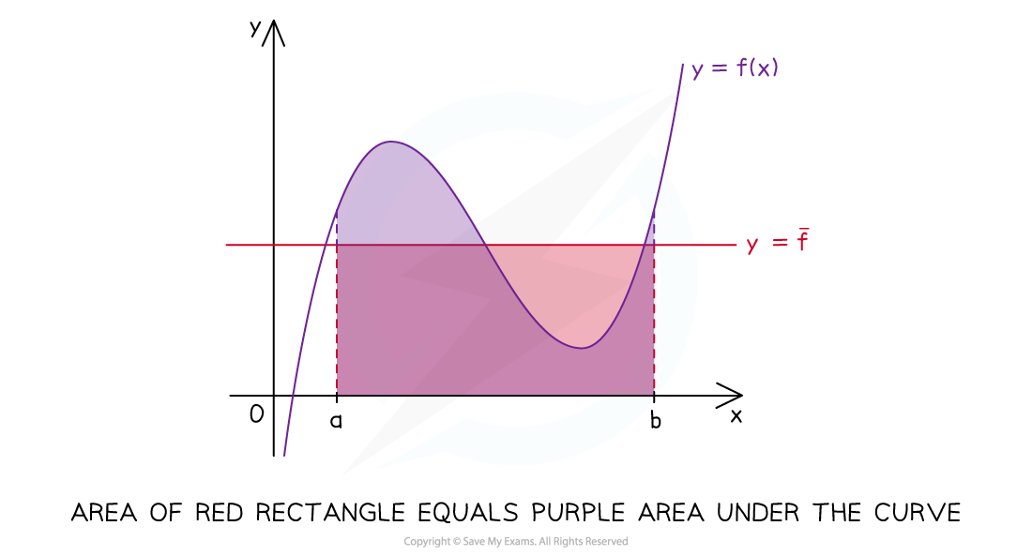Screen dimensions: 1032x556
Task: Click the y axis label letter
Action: (x=255, y=28)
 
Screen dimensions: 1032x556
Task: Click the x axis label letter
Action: (x=736, y=416)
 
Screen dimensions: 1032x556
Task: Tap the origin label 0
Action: (x=257, y=413)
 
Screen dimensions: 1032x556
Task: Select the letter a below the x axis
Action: (x=336, y=420)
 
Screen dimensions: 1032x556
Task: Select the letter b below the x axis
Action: (x=655, y=420)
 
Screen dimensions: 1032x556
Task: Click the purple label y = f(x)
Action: (x=736, y=68)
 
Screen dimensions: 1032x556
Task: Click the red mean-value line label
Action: (x=778, y=242)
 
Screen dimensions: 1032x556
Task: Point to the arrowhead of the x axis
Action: (x=741, y=396)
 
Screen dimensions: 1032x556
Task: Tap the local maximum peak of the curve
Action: (x=391, y=142)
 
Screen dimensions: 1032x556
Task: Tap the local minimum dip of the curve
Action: (x=582, y=348)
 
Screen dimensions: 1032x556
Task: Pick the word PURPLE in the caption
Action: (x=579, y=513)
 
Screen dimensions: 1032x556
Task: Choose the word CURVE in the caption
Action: (x=918, y=513)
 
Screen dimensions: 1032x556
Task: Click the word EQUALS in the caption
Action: (x=468, y=513)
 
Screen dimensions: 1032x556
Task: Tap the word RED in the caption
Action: (x=220, y=513)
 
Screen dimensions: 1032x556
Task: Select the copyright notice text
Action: (x=515, y=542)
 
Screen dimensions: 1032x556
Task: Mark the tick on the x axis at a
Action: (x=336, y=396)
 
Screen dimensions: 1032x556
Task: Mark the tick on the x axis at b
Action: (x=654, y=396)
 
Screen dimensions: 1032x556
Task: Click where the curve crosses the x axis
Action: (x=292, y=396)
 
